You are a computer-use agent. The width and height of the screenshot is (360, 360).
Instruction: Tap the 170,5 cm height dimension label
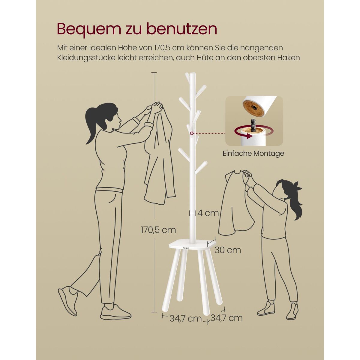click(158, 230)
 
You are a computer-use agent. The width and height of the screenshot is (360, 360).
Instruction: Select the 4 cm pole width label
click(208, 213)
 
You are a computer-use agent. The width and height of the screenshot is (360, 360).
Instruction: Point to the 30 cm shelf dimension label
click(228, 250)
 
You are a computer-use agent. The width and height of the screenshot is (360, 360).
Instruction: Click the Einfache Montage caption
click(253, 154)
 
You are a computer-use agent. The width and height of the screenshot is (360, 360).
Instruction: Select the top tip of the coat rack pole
click(193, 74)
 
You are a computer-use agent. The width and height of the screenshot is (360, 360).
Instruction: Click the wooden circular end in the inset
click(253, 108)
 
